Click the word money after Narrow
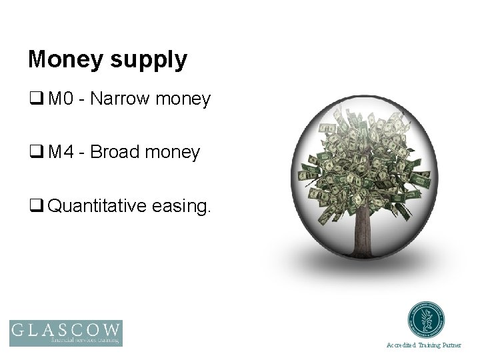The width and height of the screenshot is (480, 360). (x=182, y=101)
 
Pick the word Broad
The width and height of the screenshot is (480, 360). (x=114, y=153)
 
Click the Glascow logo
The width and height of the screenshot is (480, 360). (x=66, y=333)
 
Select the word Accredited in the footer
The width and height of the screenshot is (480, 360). (x=401, y=345)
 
